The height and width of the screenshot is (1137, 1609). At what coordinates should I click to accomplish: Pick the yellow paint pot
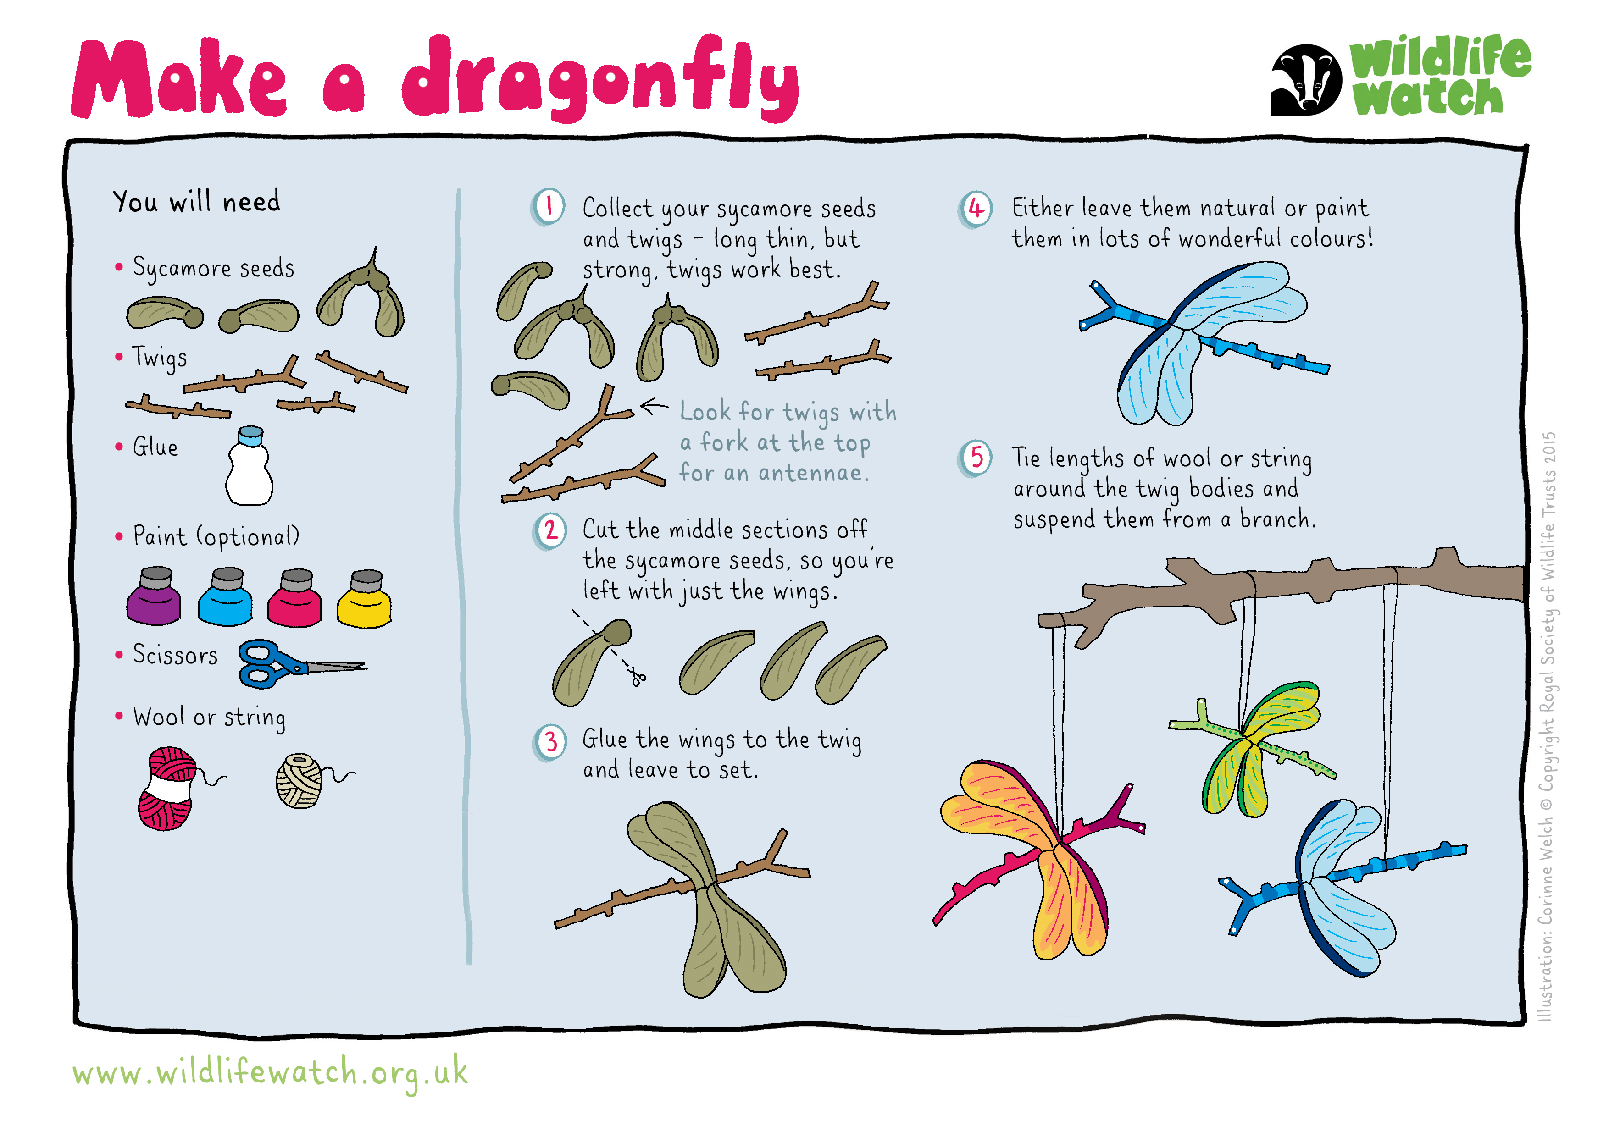tap(364, 598)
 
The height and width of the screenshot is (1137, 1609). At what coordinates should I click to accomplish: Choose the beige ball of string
tap(301, 780)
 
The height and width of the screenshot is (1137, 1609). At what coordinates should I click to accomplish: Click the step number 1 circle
tap(549, 207)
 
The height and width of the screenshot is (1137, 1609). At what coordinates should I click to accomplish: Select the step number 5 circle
tap(976, 458)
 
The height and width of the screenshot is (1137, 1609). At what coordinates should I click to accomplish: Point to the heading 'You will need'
tap(196, 202)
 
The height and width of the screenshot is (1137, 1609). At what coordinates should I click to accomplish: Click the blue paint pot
tap(225, 597)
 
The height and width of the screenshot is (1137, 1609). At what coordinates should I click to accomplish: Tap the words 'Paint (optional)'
tap(216, 536)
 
